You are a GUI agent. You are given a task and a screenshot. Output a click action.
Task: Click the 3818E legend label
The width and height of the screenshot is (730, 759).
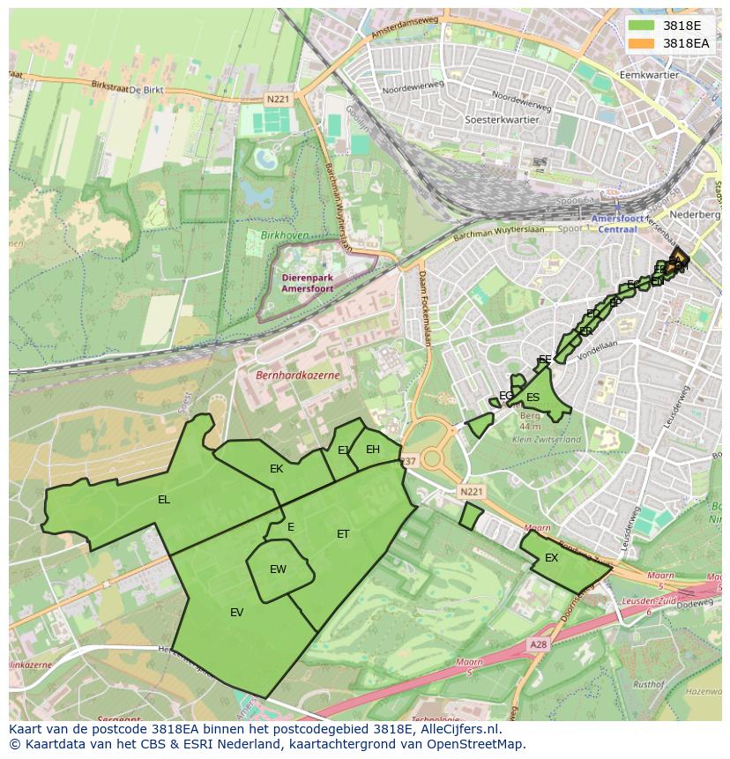(682, 26)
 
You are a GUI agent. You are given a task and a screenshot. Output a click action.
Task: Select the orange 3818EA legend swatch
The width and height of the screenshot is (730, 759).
(641, 42)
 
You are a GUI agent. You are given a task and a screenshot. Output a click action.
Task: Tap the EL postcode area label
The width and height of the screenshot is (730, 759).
(164, 500)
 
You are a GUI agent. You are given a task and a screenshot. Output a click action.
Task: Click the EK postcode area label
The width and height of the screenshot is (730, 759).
(277, 469)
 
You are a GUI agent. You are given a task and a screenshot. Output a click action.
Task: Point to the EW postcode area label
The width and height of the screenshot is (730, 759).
(278, 569)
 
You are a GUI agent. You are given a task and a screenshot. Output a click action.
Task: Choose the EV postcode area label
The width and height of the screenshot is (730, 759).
(236, 613)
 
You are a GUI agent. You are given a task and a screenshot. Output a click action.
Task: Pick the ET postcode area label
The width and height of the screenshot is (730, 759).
(343, 534)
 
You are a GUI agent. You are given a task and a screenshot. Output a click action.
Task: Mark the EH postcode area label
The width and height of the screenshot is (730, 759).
(373, 450)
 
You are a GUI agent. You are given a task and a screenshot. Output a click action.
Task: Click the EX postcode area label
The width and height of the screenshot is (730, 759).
(552, 558)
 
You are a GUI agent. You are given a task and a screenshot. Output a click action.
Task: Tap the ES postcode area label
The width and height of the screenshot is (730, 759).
(533, 398)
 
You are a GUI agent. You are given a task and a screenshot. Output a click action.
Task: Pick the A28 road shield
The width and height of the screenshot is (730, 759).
(538, 645)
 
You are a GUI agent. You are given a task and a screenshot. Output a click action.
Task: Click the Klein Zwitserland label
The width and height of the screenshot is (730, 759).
(547, 439)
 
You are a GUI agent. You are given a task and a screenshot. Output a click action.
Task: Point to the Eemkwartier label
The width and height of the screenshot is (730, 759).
(650, 75)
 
